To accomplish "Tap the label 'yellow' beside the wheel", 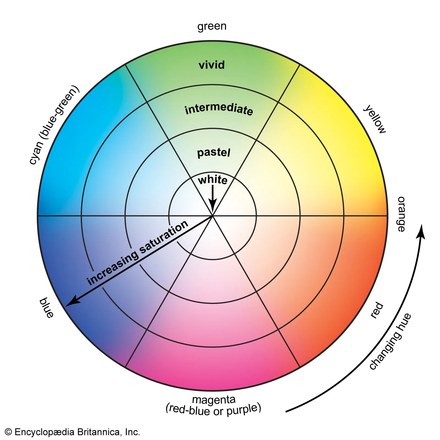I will [375, 119].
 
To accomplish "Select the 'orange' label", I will [401, 214].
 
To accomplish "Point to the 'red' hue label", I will [376, 310].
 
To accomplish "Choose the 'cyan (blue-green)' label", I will [54, 125].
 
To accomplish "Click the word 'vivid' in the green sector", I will [211, 65].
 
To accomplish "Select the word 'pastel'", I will [213, 152].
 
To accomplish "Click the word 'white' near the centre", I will [213, 180].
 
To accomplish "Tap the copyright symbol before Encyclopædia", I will [8, 432].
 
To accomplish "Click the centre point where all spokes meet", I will [213, 216].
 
